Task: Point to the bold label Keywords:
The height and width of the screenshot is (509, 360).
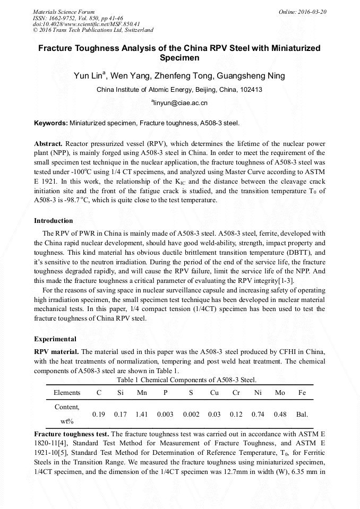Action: click(x=51, y=123)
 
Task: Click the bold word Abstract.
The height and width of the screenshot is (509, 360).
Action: click(x=48, y=144)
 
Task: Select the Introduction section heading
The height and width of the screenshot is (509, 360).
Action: click(x=54, y=220)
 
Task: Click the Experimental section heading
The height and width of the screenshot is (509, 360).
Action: click(x=55, y=339)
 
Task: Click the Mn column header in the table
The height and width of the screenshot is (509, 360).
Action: click(x=141, y=393)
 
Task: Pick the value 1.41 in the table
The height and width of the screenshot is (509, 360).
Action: click(x=141, y=414)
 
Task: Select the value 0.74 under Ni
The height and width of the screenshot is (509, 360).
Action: click(x=258, y=414)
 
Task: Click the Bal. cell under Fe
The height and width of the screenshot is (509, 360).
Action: click(x=302, y=414)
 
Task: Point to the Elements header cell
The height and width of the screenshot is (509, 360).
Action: click(x=67, y=393)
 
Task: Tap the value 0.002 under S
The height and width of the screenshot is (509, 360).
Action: click(x=191, y=414)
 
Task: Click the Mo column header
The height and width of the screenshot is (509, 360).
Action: click(x=280, y=393)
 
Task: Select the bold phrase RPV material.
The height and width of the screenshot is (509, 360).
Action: click(x=56, y=351)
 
